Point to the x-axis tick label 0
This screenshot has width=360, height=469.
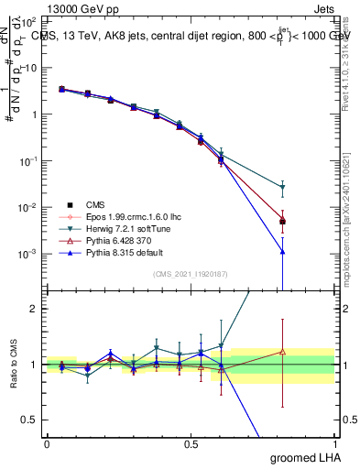[x=46, y=442]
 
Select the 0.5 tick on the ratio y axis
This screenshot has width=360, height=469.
[x=29, y=420]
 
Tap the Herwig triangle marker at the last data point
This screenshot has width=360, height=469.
[x=282, y=188]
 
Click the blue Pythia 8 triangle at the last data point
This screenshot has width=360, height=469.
[x=282, y=251]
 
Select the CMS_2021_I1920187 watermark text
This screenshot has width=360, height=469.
[x=190, y=274]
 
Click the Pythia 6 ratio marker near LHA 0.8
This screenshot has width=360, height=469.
[x=282, y=351]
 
